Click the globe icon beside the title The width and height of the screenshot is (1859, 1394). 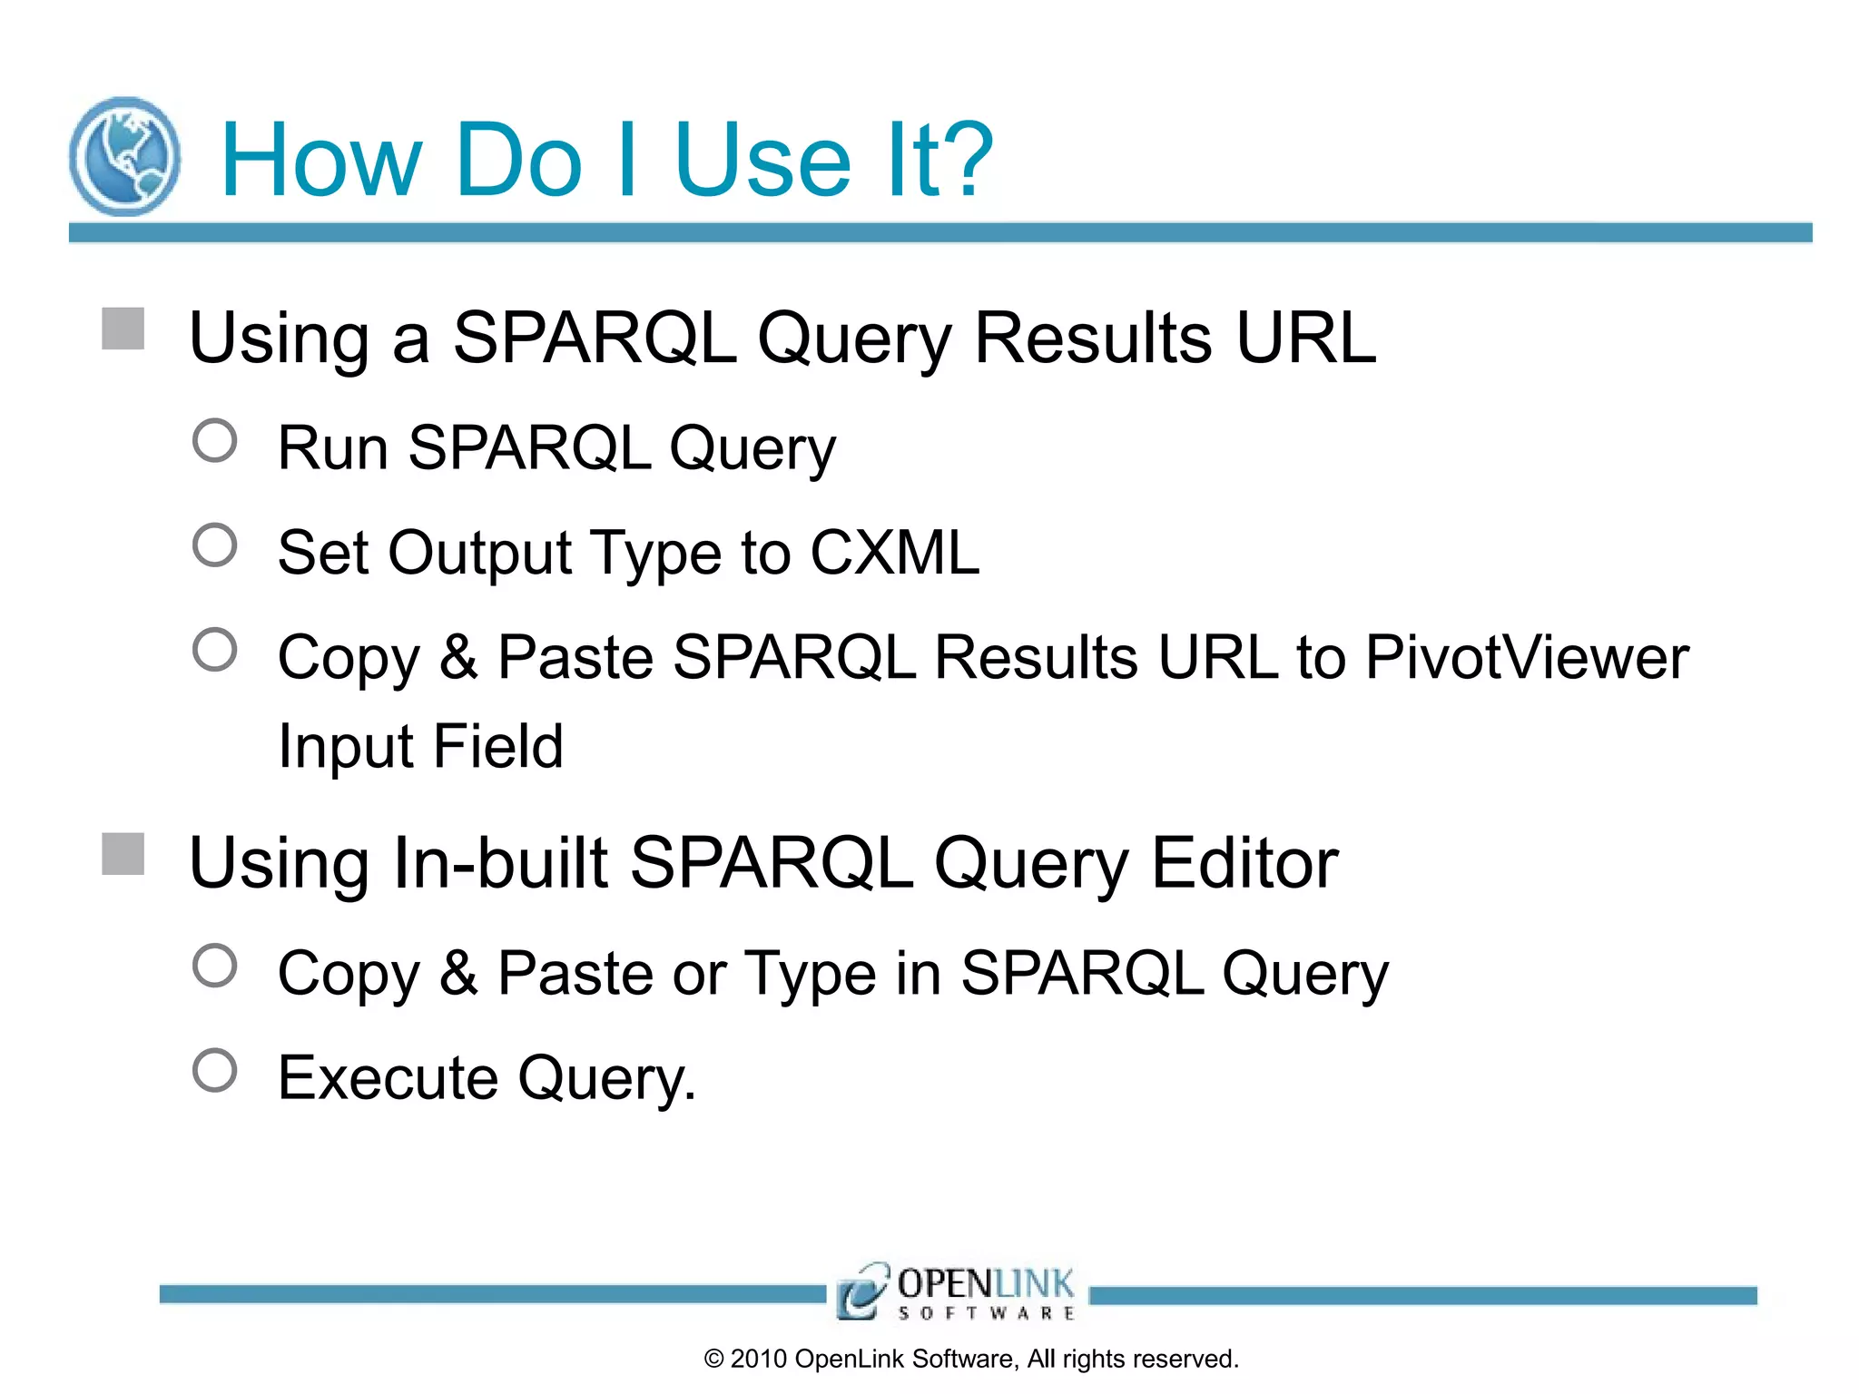125,156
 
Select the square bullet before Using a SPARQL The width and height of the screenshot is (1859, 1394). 123,329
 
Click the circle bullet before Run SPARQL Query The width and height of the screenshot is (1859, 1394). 215,441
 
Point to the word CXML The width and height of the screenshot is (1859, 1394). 895,552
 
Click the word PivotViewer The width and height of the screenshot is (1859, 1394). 1527,657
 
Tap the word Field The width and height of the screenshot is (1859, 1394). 497,746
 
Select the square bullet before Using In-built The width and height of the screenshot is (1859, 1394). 123,854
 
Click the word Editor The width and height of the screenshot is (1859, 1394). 1244,863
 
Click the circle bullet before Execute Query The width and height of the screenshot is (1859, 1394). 215,1071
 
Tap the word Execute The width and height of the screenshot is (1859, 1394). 389,1078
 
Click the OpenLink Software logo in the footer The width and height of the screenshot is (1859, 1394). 957,1291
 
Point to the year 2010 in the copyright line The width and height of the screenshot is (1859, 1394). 758,1360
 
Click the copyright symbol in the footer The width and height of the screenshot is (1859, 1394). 714,1360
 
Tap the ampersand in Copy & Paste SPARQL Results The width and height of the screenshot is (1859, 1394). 458,657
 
